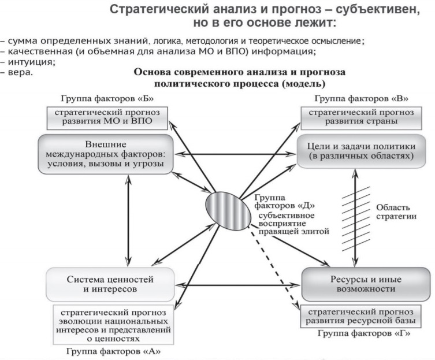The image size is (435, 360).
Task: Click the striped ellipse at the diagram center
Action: click(x=228, y=211)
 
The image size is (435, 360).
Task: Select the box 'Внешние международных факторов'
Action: click(x=106, y=154)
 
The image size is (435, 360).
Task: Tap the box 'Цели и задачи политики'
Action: click(x=361, y=151)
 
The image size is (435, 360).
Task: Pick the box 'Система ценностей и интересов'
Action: click(x=110, y=284)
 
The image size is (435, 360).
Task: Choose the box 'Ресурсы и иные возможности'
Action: click(x=366, y=284)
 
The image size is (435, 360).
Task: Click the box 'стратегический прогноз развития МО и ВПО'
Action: click(x=107, y=118)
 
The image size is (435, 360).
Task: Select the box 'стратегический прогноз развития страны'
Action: click(x=361, y=118)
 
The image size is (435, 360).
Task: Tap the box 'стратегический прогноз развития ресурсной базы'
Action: click(x=360, y=316)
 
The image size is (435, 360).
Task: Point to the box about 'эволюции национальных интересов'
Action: click(x=113, y=325)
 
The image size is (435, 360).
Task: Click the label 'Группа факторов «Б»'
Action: click(x=107, y=99)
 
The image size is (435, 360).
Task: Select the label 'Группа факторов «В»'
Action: click(x=361, y=99)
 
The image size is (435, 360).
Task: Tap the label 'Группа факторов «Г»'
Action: click(x=364, y=333)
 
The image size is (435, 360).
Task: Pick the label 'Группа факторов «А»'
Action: click(x=113, y=351)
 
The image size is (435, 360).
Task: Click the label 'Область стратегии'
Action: click(x=396, y=211)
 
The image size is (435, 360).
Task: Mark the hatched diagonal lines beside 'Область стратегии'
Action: click(x=356, y=219)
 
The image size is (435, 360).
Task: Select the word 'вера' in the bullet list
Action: click(x=20, y=72)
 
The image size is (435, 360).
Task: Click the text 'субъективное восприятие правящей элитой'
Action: click(x=294, y=224)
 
